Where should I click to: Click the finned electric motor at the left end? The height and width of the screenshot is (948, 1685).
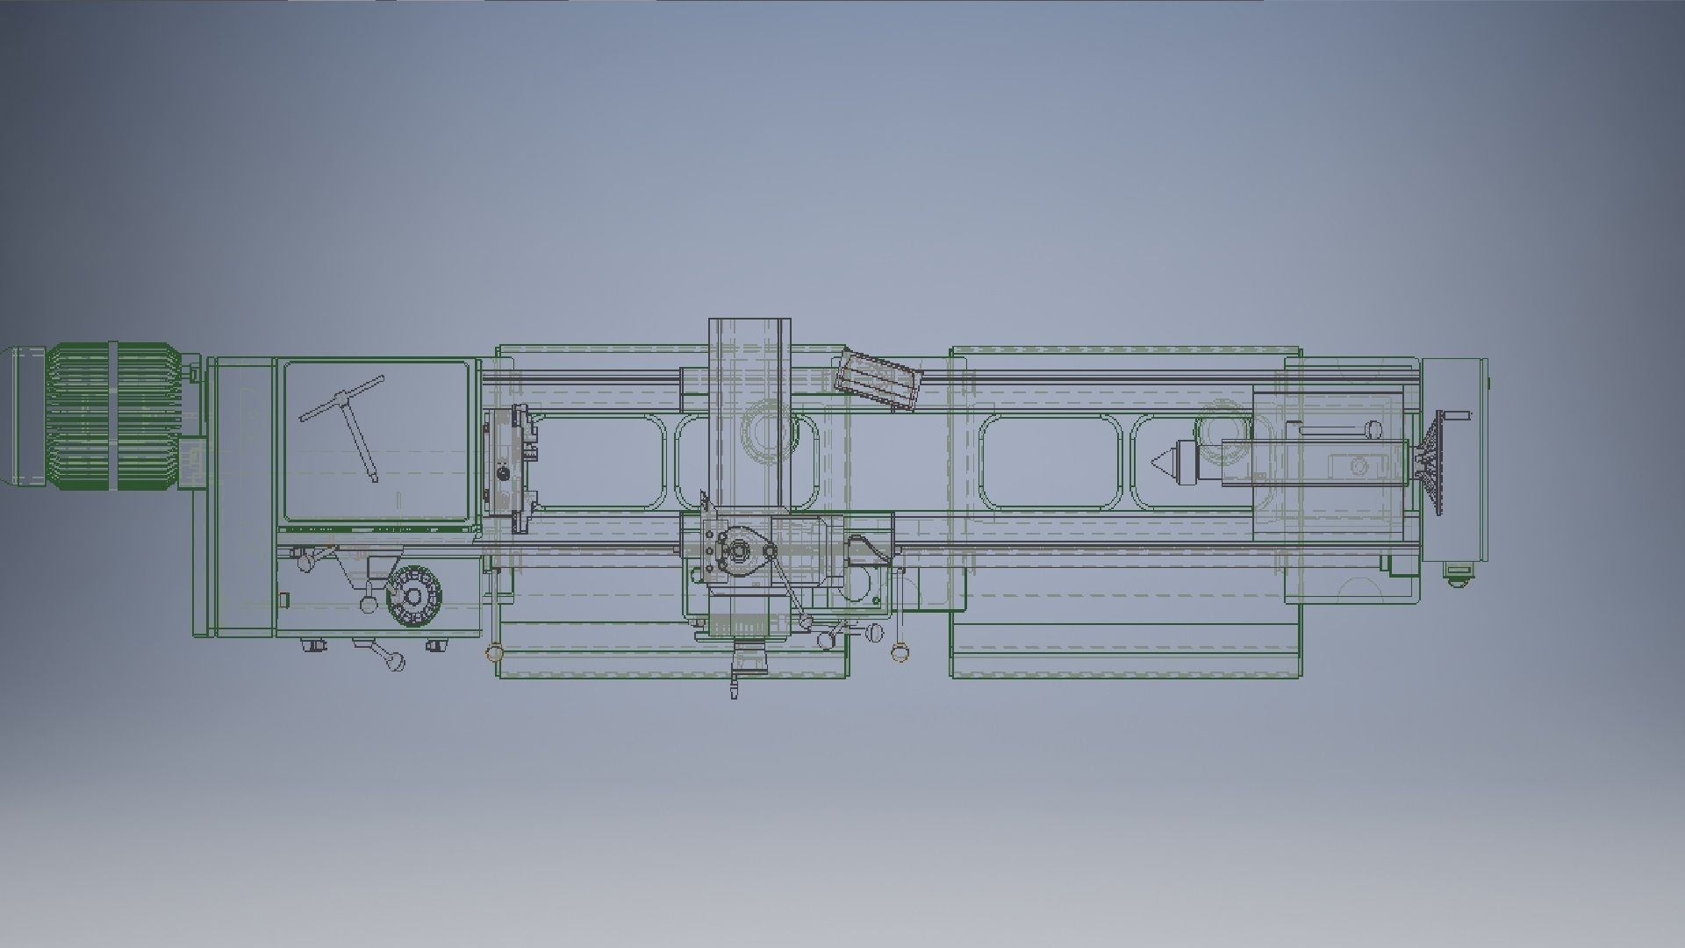(x=114, y=415)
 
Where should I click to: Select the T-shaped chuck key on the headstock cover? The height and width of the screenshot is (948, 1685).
(x=351, y=421)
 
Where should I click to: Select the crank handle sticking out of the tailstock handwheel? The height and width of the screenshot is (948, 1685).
(x=1457, y=415)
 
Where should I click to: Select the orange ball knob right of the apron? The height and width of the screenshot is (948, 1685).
(x=898, y=651)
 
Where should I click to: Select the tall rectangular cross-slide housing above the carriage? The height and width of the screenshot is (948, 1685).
(x=749, y=413)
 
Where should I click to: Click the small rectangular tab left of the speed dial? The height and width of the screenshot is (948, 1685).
(x=284, y=600)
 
